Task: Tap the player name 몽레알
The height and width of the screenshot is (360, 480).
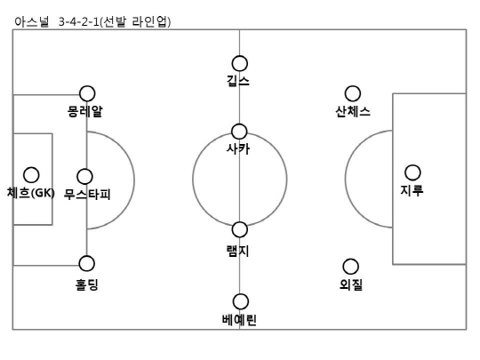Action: tap(85, 111)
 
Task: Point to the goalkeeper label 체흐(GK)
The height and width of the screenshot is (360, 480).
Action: tap(31, 193)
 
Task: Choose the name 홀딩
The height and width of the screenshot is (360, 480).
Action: tap(87, 284)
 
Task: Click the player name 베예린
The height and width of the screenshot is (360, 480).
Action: tap(239, 320)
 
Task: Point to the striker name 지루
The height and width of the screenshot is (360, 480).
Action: tap(412, 190)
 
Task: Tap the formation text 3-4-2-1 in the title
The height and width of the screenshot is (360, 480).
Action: tap(79, 22)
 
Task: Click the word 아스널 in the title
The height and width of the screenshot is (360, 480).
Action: tap(32, 22)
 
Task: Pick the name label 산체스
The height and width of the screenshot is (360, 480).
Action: tap(353, 111)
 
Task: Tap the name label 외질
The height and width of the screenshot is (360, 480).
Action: tap(351, 284)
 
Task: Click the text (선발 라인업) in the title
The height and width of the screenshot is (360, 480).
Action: tap(135, 22)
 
